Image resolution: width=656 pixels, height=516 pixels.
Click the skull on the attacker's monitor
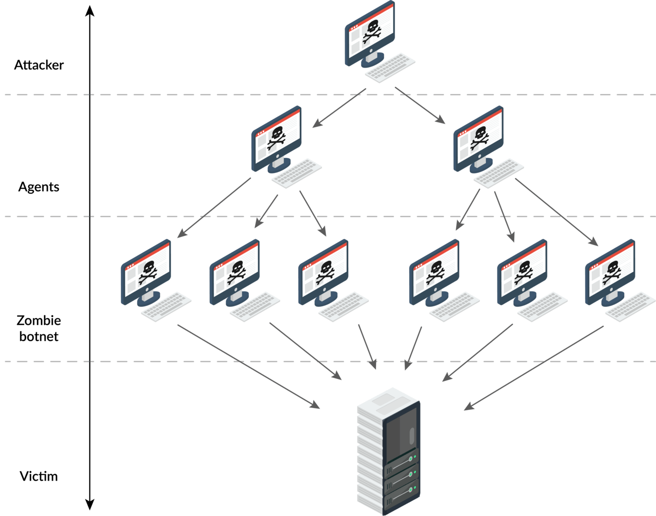tap(372, 31)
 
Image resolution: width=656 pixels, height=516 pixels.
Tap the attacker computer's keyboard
tap(390, 67)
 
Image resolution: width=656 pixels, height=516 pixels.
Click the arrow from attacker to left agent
tap(339, 107)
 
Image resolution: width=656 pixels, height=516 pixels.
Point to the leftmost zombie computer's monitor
tap(146, 272)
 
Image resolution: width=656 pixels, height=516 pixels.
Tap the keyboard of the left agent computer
tap(297, 173)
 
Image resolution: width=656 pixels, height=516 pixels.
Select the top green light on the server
tap(414, 457)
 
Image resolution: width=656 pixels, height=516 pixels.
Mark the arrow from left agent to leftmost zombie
tap(214, 207)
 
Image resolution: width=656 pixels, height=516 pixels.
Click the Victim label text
tap(38, 476)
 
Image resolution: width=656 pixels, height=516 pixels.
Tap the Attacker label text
tap(38, 65)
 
